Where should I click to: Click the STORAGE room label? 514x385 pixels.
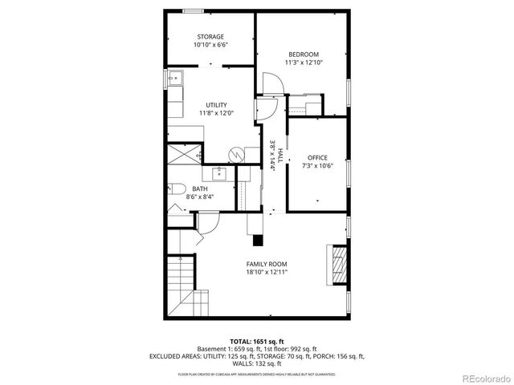[x=210, y=37]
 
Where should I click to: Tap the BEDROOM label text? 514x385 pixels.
[x=304, y=55]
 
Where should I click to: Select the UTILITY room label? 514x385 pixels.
[x=216, y=105]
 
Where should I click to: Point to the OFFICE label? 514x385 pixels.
[x=317, y=157]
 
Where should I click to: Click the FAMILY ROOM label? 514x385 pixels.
[x=267, y=264]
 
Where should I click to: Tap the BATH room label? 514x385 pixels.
[x=199, y=188]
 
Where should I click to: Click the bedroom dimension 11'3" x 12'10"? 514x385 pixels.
[x=304, y=63]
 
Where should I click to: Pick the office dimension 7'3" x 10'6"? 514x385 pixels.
[x=317, y=165]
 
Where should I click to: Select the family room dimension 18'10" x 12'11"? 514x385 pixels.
[x=267, y=272]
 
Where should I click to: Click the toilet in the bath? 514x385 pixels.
[x=173, y=190]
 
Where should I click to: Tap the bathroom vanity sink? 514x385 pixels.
[x=218, y=172]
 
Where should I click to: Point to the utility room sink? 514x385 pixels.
[x=174, y=79]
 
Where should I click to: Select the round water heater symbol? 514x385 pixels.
[x=236, y=153]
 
